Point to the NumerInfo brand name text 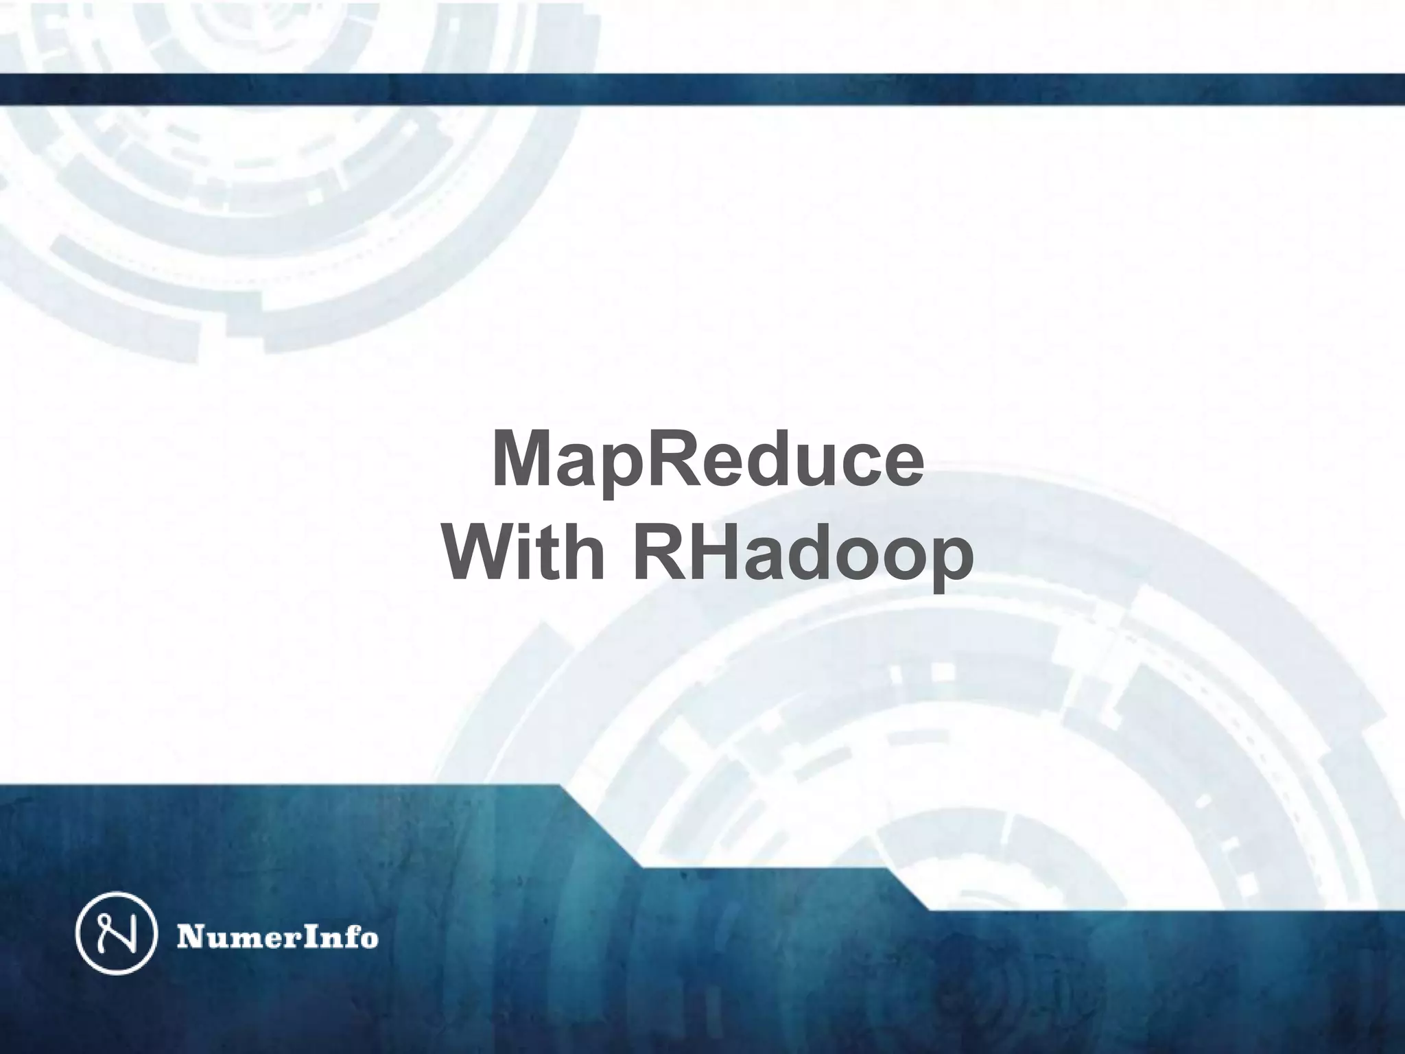278,937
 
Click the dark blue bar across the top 702,89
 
